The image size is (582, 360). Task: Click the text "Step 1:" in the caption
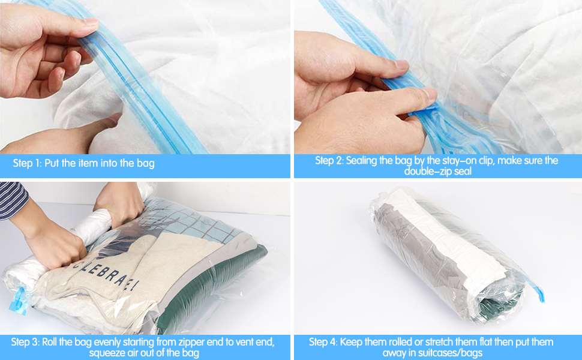pyautogui.click(x=26, y=163)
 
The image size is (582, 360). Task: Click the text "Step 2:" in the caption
pyautogui.click(x=329, y=161)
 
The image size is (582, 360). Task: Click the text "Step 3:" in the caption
pyautogui.click(x=25, y=342)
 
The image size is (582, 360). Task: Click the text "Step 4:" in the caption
pyautogui.click(x=323, y=342)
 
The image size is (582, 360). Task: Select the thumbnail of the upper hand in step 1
pyautogui.click(x=89, y=22)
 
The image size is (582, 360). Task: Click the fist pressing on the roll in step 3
pyautogui.click(x=57, y=246)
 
